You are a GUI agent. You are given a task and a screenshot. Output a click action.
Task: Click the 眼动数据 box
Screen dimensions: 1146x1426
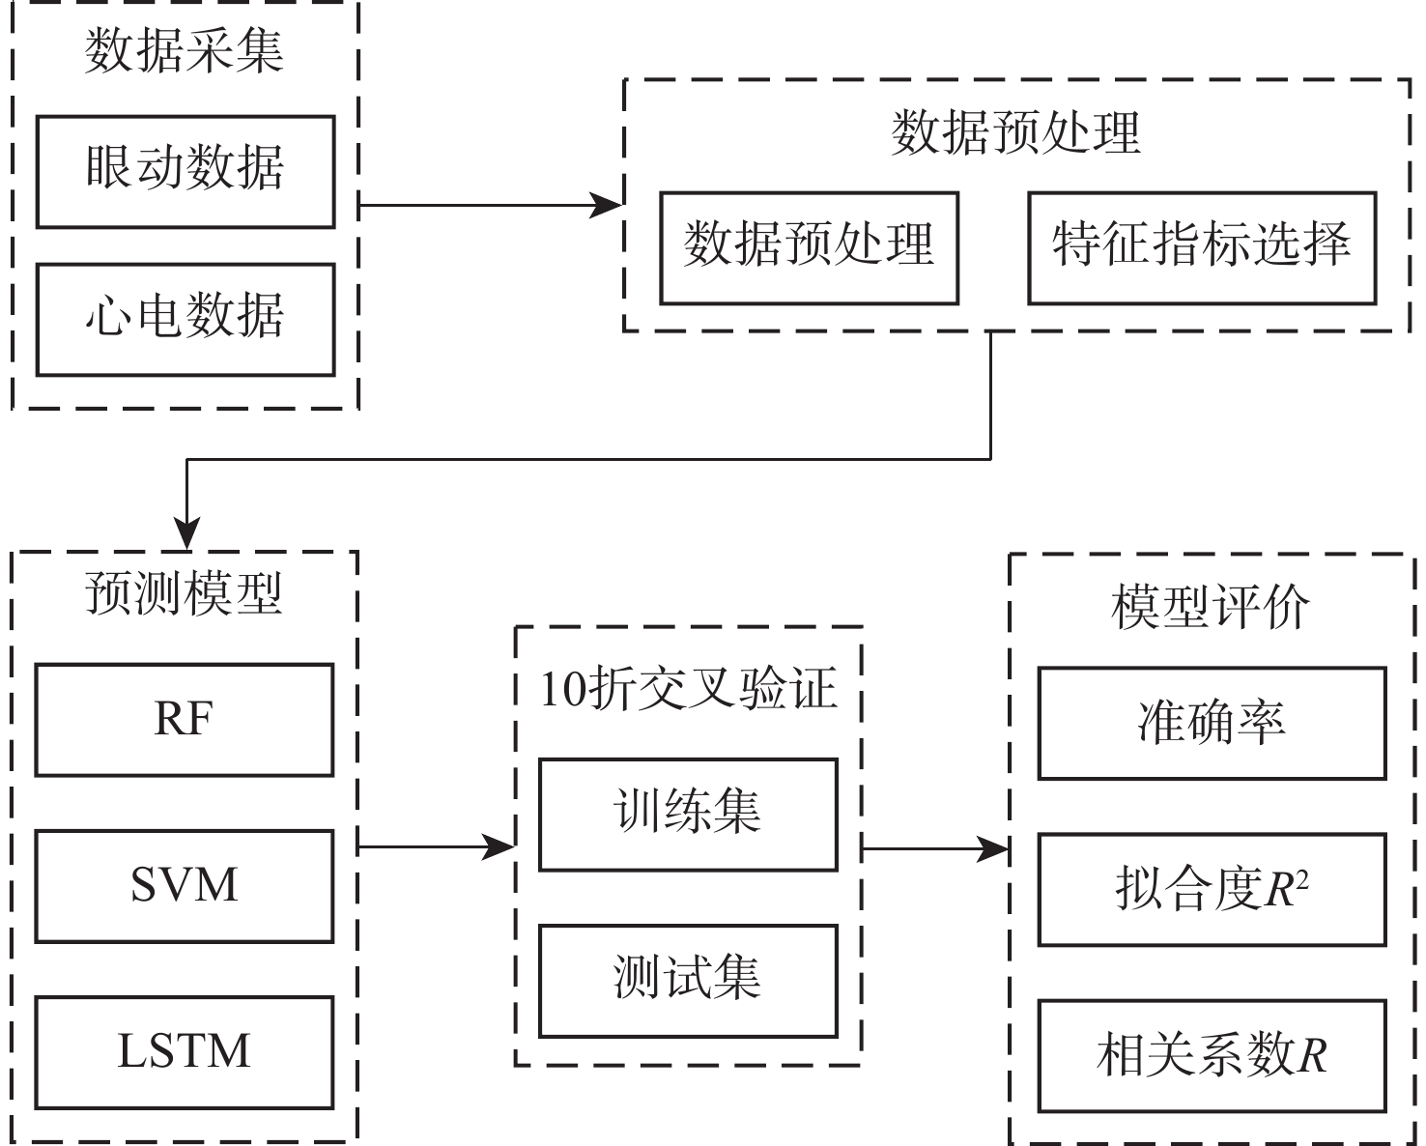coord(185,172)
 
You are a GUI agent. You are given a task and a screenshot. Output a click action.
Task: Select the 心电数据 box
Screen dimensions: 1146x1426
coord(185,320)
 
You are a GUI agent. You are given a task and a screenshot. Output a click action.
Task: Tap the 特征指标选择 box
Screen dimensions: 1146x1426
coord(1201,248)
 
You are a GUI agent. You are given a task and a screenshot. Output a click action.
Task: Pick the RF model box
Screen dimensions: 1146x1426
coord(184,720)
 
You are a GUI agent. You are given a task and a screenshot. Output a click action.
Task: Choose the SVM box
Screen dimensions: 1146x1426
coord(184,886)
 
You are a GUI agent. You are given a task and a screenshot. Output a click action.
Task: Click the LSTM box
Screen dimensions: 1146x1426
coord(184,1052)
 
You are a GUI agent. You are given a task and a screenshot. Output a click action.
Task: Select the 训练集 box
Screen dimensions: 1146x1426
coord(688,815)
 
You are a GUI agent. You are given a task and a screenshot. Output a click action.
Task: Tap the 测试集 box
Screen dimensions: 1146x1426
coord(688,981)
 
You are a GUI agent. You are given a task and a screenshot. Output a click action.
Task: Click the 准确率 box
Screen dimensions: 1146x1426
coord(1212,723)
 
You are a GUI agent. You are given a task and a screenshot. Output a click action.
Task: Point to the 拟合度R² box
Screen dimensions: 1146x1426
coord(1212,890)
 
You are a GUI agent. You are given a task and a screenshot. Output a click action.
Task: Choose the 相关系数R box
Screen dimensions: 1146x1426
coord(1212,1056)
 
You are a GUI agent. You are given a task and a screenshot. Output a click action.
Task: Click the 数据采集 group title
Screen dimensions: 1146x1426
coord(184,50)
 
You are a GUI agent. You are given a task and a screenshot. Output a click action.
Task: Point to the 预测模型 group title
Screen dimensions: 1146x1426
coord(184,593)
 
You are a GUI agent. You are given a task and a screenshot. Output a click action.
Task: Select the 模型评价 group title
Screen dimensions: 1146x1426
coord(1210,608)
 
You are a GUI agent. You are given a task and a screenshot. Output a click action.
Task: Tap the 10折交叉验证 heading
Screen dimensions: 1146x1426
coord(688,689)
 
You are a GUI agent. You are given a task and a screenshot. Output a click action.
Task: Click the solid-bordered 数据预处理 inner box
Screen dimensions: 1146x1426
coord(809,248)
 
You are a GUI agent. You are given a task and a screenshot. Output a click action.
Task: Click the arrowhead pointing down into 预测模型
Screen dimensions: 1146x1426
coord(185,534)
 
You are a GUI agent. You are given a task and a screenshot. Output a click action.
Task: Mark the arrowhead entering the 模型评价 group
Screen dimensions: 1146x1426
coord(994,849)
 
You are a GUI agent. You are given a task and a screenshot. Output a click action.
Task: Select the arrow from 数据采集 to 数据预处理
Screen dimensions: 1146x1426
coord(483,205)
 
